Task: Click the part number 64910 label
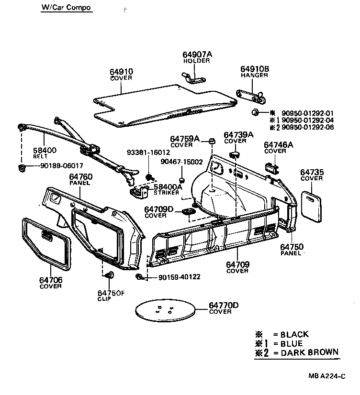(x=122, y=72)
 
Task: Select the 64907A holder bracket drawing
(x=194, y=77)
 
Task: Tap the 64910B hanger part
(x=253, y=96)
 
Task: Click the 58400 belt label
(x=44, y=150)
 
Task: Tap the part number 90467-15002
(x=181, y=162)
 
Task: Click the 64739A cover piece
(x=235, y=153)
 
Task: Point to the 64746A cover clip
(x=271, y=165)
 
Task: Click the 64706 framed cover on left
(x=46, y=243)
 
